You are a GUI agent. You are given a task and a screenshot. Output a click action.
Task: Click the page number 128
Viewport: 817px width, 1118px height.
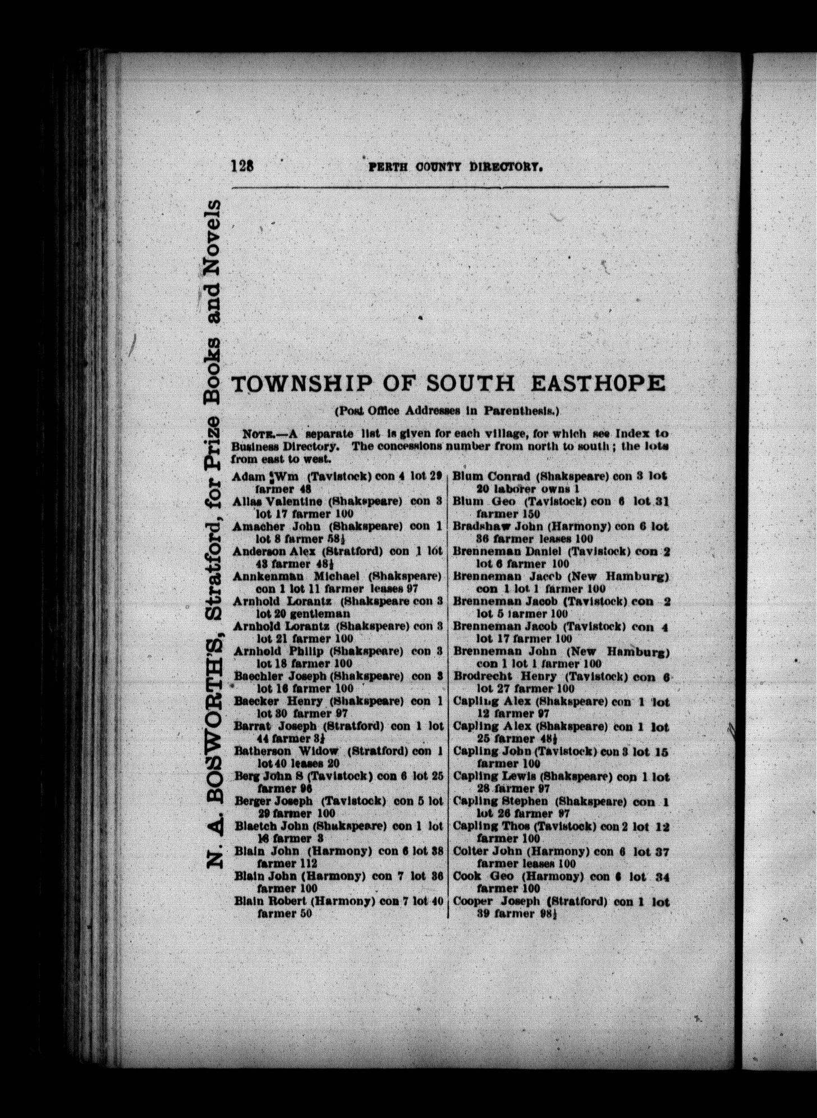(242, 167)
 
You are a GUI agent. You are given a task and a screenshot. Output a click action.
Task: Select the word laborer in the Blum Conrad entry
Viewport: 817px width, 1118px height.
(517, 488)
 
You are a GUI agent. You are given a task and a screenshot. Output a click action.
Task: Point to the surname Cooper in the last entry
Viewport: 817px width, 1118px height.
(473, 901)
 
